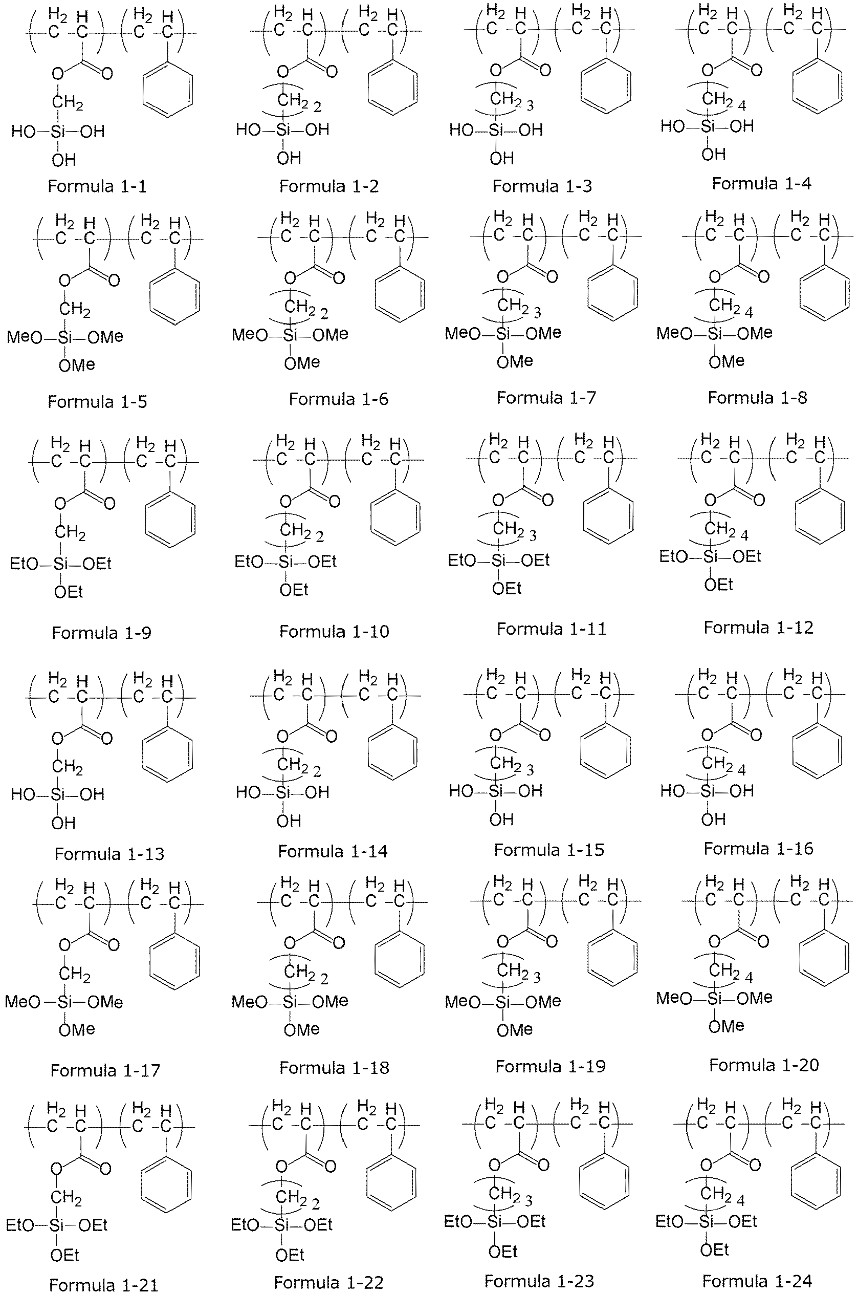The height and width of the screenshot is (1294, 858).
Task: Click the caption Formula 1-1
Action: point(97,186)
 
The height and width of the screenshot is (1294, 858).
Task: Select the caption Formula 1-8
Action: point(757,397)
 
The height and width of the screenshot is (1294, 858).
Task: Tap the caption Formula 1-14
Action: point(333,851)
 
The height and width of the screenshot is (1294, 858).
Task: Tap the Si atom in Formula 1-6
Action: point(291,334)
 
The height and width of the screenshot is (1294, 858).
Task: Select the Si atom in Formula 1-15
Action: point(495,790)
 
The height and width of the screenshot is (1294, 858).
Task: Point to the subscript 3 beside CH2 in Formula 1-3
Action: point(530,105)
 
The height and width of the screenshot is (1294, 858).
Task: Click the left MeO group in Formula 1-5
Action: point(25,337)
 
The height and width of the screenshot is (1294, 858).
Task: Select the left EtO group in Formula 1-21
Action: point(20,1225)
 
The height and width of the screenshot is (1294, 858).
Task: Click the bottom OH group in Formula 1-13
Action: point(63,823)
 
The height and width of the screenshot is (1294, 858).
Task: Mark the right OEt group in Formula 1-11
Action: point(535,560)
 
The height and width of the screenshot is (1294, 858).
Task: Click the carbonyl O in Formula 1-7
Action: point(552,276)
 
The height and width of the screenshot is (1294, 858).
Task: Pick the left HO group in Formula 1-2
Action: point(249,130)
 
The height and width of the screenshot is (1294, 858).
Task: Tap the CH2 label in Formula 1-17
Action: point(75,974)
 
